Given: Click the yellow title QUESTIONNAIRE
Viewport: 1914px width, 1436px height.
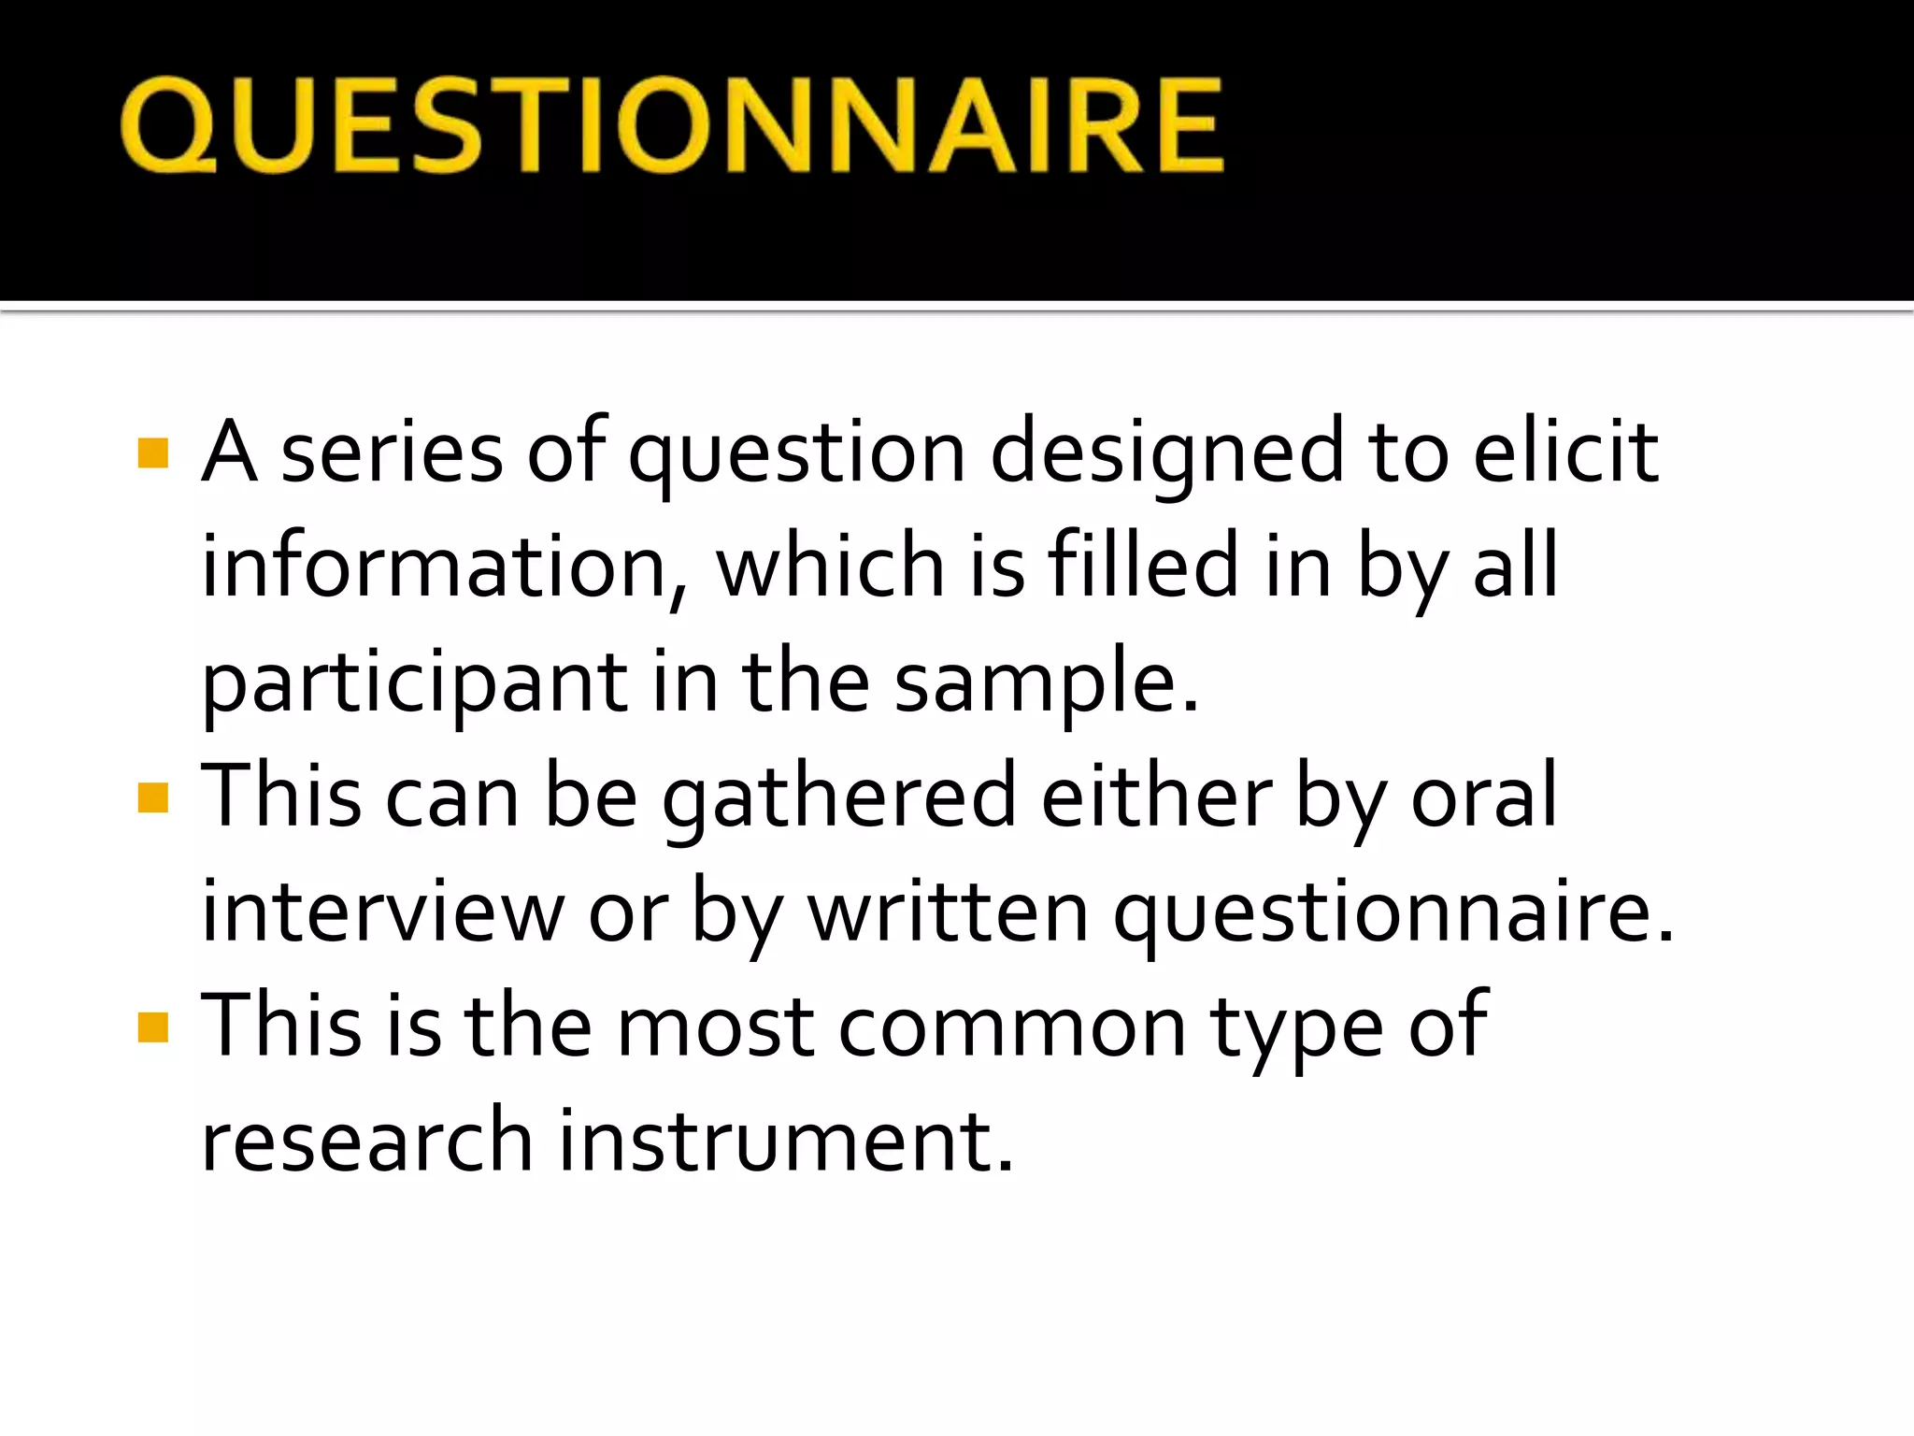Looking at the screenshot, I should click(671, 125).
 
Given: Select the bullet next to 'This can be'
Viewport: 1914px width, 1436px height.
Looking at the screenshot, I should click(152, 798).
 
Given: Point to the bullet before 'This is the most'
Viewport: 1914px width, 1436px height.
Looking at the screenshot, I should click(152, 1027).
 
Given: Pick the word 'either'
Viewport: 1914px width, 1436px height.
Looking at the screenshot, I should click(1155, 797).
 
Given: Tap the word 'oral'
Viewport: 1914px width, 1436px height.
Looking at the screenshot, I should click(1483, 797).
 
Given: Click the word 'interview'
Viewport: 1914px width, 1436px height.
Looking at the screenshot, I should click(382, 912).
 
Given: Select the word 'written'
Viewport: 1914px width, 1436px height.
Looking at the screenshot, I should click(948, 912).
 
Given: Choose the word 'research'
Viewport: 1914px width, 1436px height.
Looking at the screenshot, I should click(366, 1141).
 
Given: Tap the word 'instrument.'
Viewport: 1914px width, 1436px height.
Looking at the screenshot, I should click(786, 1141).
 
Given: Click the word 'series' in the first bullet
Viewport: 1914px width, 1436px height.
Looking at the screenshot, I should click(391, 453).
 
